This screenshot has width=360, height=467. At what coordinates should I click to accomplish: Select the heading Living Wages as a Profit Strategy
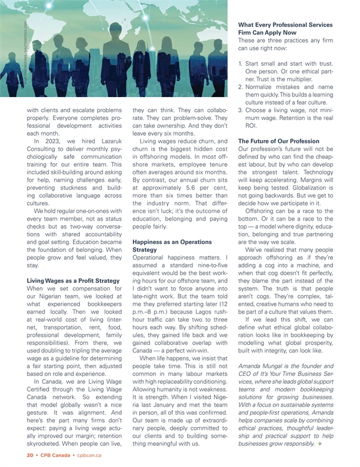click(x=73, y=280)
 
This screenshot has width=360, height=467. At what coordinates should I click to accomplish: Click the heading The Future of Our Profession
click(x=279, y=141)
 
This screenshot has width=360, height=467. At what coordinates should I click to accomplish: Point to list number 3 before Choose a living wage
click(x=241, y=110)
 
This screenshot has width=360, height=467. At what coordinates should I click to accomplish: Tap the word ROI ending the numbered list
click(x=251, y=127)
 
